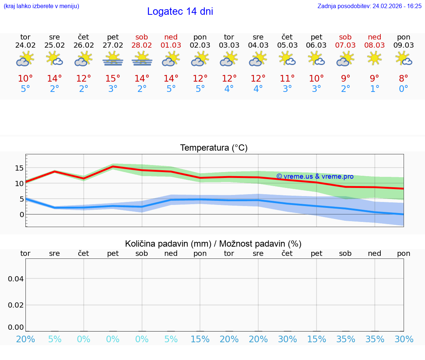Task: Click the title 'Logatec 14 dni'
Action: [x=180, y=11]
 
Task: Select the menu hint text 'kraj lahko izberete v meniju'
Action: [x=41, y=6]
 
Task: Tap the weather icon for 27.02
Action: [x=113, y=59]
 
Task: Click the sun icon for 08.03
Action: [x=375, y=58]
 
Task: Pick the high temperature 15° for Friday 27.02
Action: [x=113, y=79]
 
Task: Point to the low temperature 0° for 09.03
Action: [x=404, y=89]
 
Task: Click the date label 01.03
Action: [x=171, y=45]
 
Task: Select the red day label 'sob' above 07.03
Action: [x=345, y=37]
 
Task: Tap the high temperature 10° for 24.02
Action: [x=25, y=79]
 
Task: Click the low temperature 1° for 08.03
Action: [x=375, y=89]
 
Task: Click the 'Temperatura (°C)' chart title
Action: [x=214, y=148]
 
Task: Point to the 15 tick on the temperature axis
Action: [x=19, y=168]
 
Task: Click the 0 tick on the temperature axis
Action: [x=21, y=215]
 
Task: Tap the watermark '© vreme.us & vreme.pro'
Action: [x=315, y=176]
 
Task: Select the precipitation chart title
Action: [x=213, y=244]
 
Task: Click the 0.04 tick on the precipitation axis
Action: [x=16, y=278]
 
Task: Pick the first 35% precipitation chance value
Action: [x=346, y=339]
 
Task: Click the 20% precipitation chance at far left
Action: [x=25, y=339]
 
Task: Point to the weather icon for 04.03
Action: [x=258, y=59]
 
